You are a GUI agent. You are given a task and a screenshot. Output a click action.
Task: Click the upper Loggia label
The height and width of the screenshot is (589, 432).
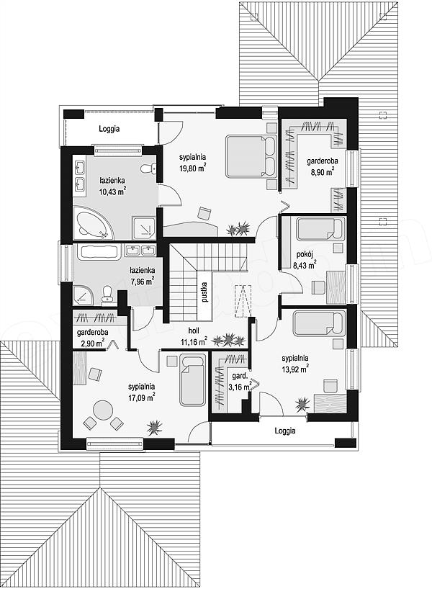pyautogui.click(x=109, y=129)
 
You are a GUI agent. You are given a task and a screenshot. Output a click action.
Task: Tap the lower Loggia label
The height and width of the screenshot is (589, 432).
pyautogui.click(x=284, y=431)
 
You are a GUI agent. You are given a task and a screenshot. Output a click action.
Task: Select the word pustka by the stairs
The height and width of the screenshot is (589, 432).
pyautogui.click(x=204, y=292)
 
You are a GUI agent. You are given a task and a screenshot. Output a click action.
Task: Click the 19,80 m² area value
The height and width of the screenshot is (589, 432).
pyautogui.click(x=192, y=168)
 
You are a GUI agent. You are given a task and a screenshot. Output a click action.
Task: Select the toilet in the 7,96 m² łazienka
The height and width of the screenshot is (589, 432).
pyautogui.click(x=107, y=293)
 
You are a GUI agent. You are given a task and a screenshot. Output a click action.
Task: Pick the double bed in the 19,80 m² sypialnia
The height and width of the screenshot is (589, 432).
pyautogui.click(x=251, y=156)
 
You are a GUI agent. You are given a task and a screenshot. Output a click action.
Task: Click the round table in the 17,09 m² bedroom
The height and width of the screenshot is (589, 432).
pyautogui.click(x=103, y=410)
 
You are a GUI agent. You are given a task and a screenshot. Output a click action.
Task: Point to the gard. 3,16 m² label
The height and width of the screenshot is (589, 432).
pyautogui.click(x=240, y=382)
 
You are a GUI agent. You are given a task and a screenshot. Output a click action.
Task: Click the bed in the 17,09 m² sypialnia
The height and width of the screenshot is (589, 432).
pyautogui.click(x=192, y=379)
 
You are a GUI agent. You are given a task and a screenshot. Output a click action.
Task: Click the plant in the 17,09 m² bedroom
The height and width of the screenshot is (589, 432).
pyautogui.click(x=154, y=426)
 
